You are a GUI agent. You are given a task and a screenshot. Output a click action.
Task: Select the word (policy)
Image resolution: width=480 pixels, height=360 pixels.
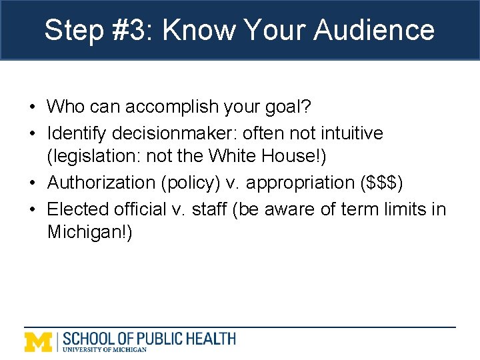click(193, 183)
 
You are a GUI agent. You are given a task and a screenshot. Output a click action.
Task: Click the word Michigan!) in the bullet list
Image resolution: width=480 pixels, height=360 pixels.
click(90, 233)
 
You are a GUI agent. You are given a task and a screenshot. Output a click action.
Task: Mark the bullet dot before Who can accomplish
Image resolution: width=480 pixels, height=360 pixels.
click(32, 107)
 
